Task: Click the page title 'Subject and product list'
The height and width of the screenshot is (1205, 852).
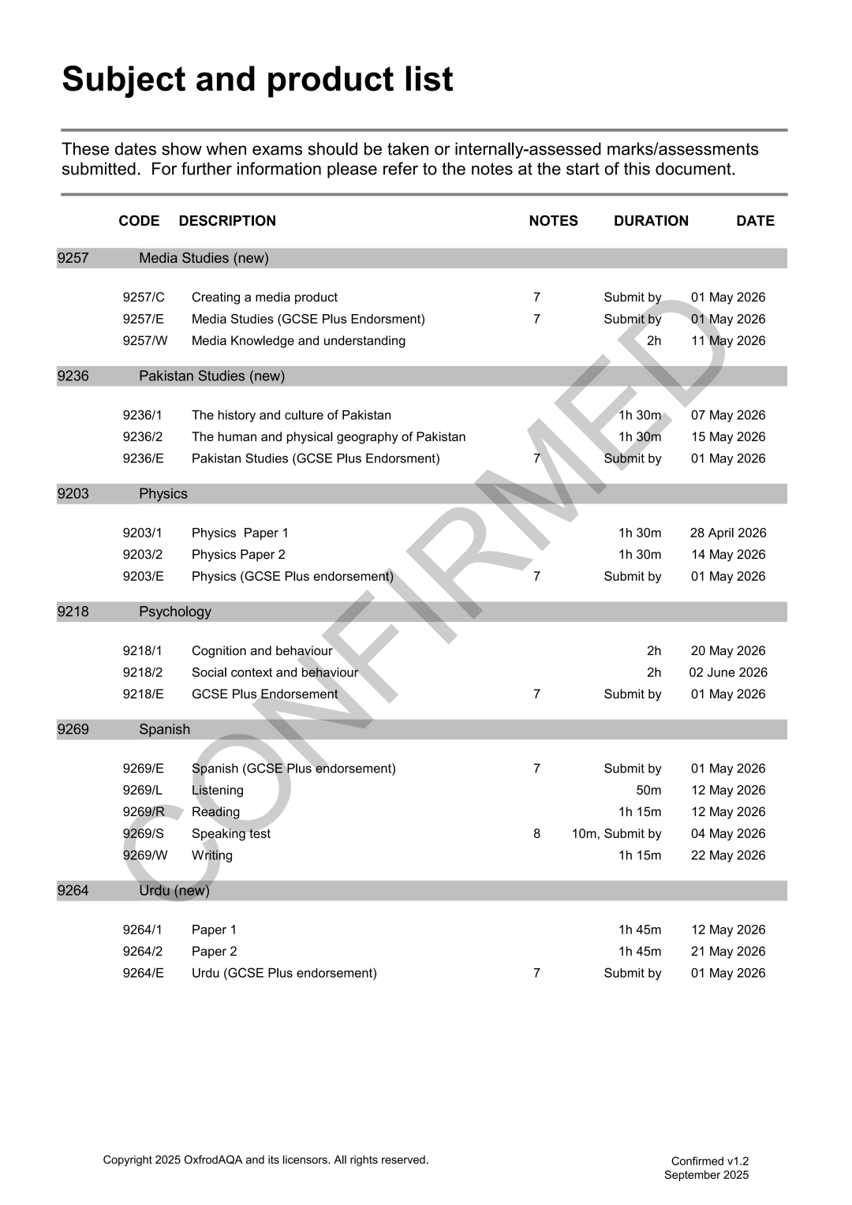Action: (x=257, y=80)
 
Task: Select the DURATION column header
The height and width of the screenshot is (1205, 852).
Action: (x=651, y=221)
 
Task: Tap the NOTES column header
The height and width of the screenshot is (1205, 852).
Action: (x=553, y=221)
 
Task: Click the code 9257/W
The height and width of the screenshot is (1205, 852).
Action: (x=145, y=341)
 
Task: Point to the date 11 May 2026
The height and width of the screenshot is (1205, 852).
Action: (x=728, y=341)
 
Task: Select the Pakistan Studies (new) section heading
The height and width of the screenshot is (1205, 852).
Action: (x=211, y=376)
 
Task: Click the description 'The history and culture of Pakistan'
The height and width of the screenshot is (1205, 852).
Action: (x=291, y=415)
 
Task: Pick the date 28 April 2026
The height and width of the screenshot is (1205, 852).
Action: (x=727, y=533)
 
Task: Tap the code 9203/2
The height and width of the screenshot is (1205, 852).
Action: (x=143, y=555)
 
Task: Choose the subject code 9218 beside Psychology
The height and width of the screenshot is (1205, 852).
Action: (x=73, y=612)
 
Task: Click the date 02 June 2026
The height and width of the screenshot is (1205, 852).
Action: (x=727, y=672)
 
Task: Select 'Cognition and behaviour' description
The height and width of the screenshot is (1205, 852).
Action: (x=262, y=651)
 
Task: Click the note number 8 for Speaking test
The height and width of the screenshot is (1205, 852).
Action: (x=536, y=834)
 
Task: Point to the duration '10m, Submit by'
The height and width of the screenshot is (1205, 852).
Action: (x=616, y=834)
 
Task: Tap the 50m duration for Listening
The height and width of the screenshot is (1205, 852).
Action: (x=648, y=791)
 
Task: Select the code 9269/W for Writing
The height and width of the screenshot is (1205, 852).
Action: (x=145, y=855)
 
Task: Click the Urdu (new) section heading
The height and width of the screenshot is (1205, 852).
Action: (x=174, y=891)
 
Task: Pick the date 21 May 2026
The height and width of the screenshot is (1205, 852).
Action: (x=728, y=952)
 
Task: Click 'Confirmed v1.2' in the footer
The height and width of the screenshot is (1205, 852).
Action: (x=709, y=1161)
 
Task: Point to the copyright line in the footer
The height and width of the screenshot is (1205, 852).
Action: (x=265, y=1160)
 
